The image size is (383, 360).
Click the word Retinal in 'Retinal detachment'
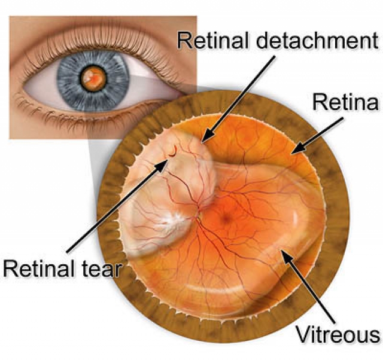tap(213, 41)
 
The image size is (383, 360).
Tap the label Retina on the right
tap(346, 102)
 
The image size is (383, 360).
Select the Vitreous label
tap(338, 334)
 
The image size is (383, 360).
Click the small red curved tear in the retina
tap(173, 151)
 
